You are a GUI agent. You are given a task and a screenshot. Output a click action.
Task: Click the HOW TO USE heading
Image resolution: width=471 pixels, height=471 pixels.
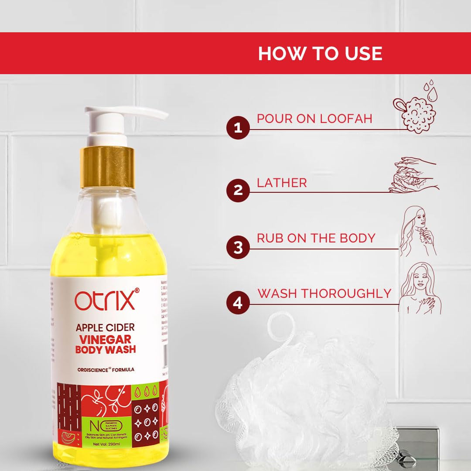320,53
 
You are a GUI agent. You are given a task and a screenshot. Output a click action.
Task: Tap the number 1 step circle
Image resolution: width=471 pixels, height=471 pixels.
238,128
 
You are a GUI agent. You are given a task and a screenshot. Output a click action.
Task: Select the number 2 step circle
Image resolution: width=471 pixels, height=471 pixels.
238,191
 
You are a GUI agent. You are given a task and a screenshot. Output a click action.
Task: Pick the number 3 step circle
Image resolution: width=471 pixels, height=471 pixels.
238,247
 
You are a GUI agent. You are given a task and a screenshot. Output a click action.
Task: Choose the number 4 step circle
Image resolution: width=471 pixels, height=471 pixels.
238,303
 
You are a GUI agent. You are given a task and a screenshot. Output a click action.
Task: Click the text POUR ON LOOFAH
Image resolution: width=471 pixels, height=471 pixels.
314,119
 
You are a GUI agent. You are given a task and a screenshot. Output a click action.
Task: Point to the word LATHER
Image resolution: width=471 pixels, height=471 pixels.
282,183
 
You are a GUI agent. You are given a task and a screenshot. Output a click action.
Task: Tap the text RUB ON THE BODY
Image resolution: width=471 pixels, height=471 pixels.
316,238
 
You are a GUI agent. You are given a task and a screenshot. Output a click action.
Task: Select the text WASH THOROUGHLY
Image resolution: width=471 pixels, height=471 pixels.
324,294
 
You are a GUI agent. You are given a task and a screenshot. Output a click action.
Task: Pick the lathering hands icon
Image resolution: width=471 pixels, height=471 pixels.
413,175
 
